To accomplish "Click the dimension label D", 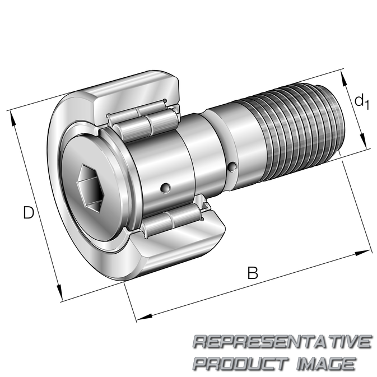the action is (29, 212).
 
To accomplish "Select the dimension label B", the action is (253, 273).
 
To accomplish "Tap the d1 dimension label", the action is (361, 101).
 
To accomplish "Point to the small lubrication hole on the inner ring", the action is (165, 188).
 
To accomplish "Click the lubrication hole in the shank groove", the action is (232, 167).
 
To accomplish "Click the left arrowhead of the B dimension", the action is (145, 317).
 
